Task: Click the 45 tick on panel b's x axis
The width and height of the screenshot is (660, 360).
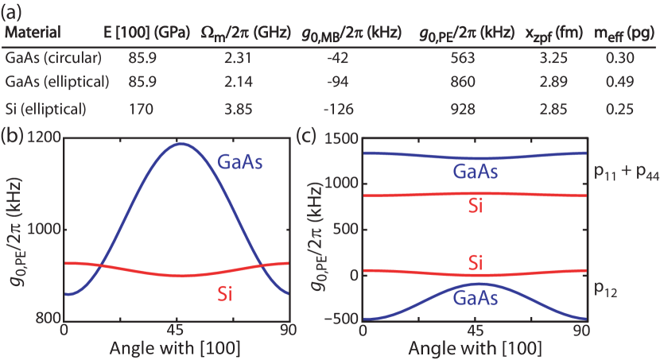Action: pyautogui.click(x=176, y=329)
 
